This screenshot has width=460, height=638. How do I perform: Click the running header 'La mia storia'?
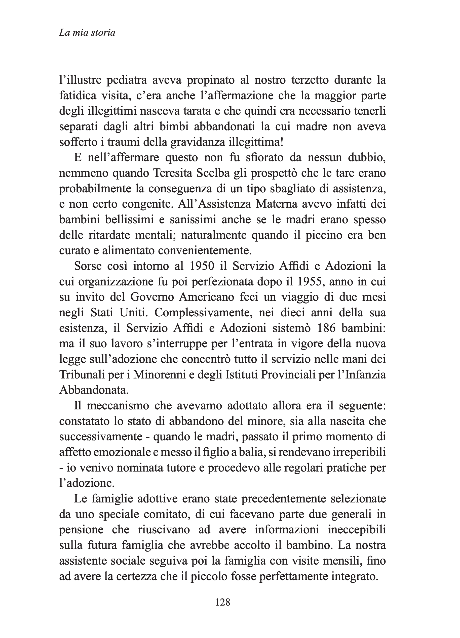pos(87,33)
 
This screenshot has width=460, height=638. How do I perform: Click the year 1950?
pos(202,266)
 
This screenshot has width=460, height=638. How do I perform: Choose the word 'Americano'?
pos(206,297)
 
